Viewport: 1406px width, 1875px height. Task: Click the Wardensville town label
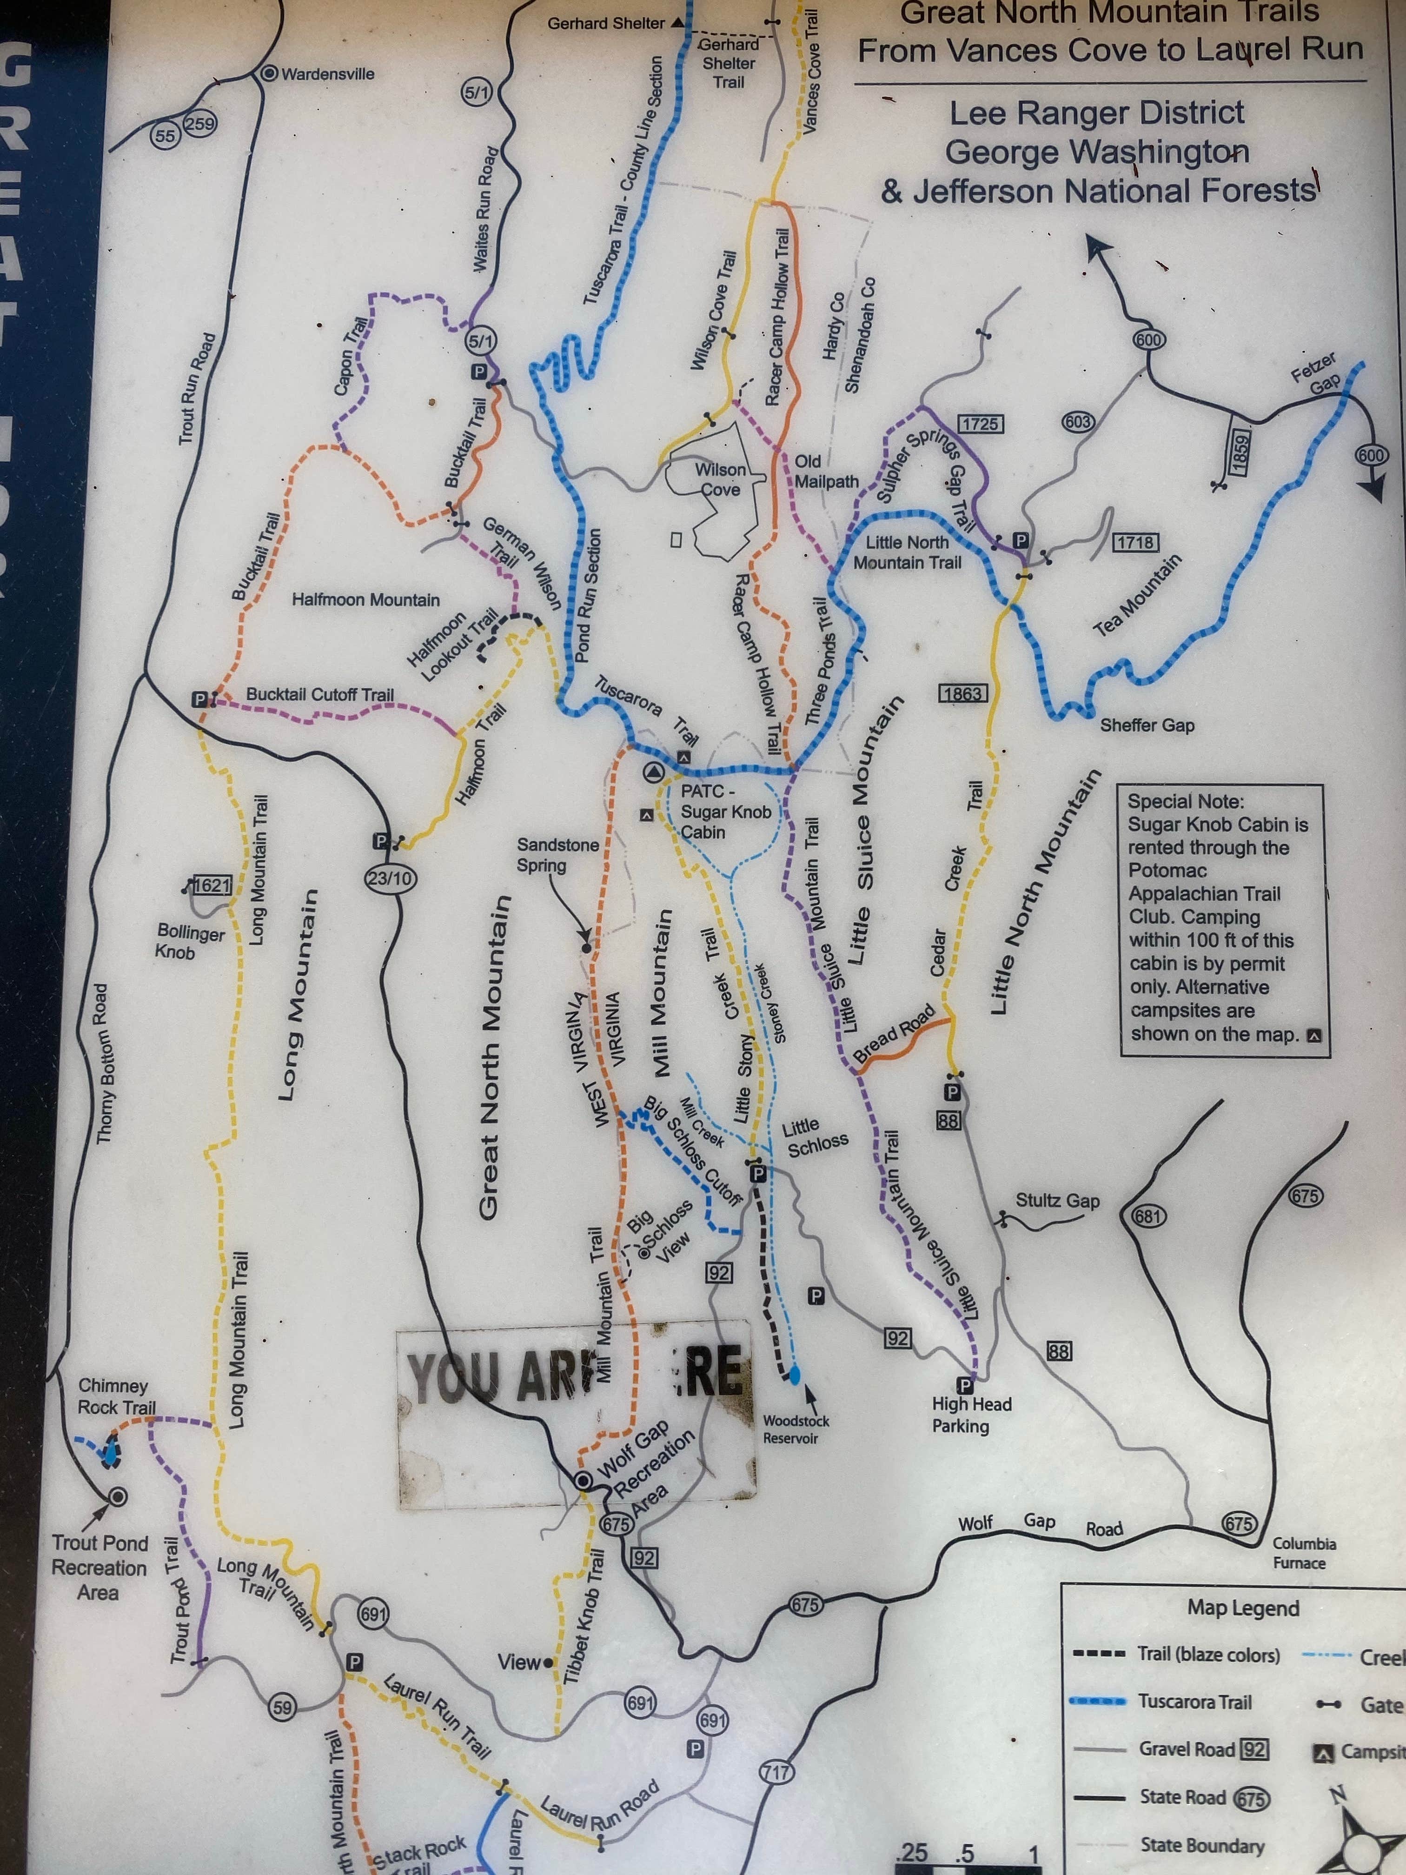(327, 74)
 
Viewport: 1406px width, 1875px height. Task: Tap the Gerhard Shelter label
(606, 23)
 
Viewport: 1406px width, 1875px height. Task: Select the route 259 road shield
(200, 124)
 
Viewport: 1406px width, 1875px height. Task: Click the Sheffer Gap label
(1147, 725)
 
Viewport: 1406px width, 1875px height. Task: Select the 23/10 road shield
(390, 878)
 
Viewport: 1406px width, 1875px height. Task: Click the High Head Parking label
(971, 1415)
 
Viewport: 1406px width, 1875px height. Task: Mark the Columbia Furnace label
(1303, 1553)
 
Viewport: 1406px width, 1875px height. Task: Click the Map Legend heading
(1242, 1608)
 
